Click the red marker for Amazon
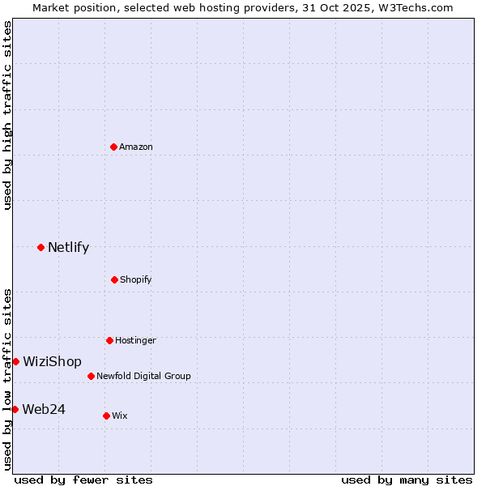[x=114, y=147]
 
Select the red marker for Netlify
[x=40, y=247]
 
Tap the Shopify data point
[x=114, y=279]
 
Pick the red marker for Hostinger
[x=109, y=340]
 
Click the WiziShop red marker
[x=15, y=361]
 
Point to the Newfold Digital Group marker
[x=91, y=376]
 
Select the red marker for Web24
[x=15, y=409]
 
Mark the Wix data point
[x=106, y=416]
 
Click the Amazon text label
[x=136, y=147]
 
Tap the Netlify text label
[x=68, y=248]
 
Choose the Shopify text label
[x=136, y=279]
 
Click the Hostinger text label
[x=135, y=340]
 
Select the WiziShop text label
[x=52, y=362]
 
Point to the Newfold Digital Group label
[x=143, y=376]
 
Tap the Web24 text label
[x=44, y=410]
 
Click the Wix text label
[x=120, y=416]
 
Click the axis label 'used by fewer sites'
[x=83, y=480]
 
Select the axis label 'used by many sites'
[x=407, y=480]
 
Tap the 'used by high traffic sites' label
[x=7, y=115]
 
